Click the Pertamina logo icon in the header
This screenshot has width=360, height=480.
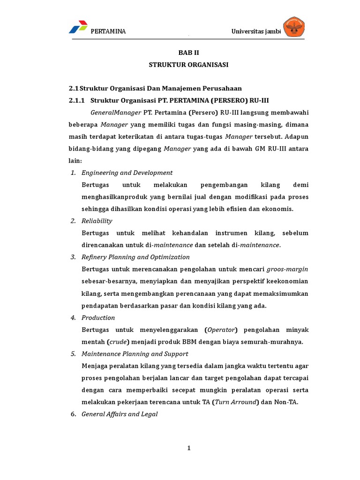pos(78,27)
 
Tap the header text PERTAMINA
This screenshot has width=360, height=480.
pos(108,31)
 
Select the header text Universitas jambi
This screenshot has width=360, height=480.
pos(255,31)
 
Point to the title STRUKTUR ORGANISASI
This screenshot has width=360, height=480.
pos(188,65)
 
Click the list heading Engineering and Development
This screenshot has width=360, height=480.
pos(127,172)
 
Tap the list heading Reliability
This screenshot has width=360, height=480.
pos(97,221)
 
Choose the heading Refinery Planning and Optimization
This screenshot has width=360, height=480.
pos(135,257)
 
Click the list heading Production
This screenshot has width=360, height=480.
pos(98,317)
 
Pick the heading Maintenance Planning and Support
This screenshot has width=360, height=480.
pos(135,353)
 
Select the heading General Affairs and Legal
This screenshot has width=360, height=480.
pos(120,414)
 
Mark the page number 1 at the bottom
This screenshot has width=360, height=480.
pos(189,448)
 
